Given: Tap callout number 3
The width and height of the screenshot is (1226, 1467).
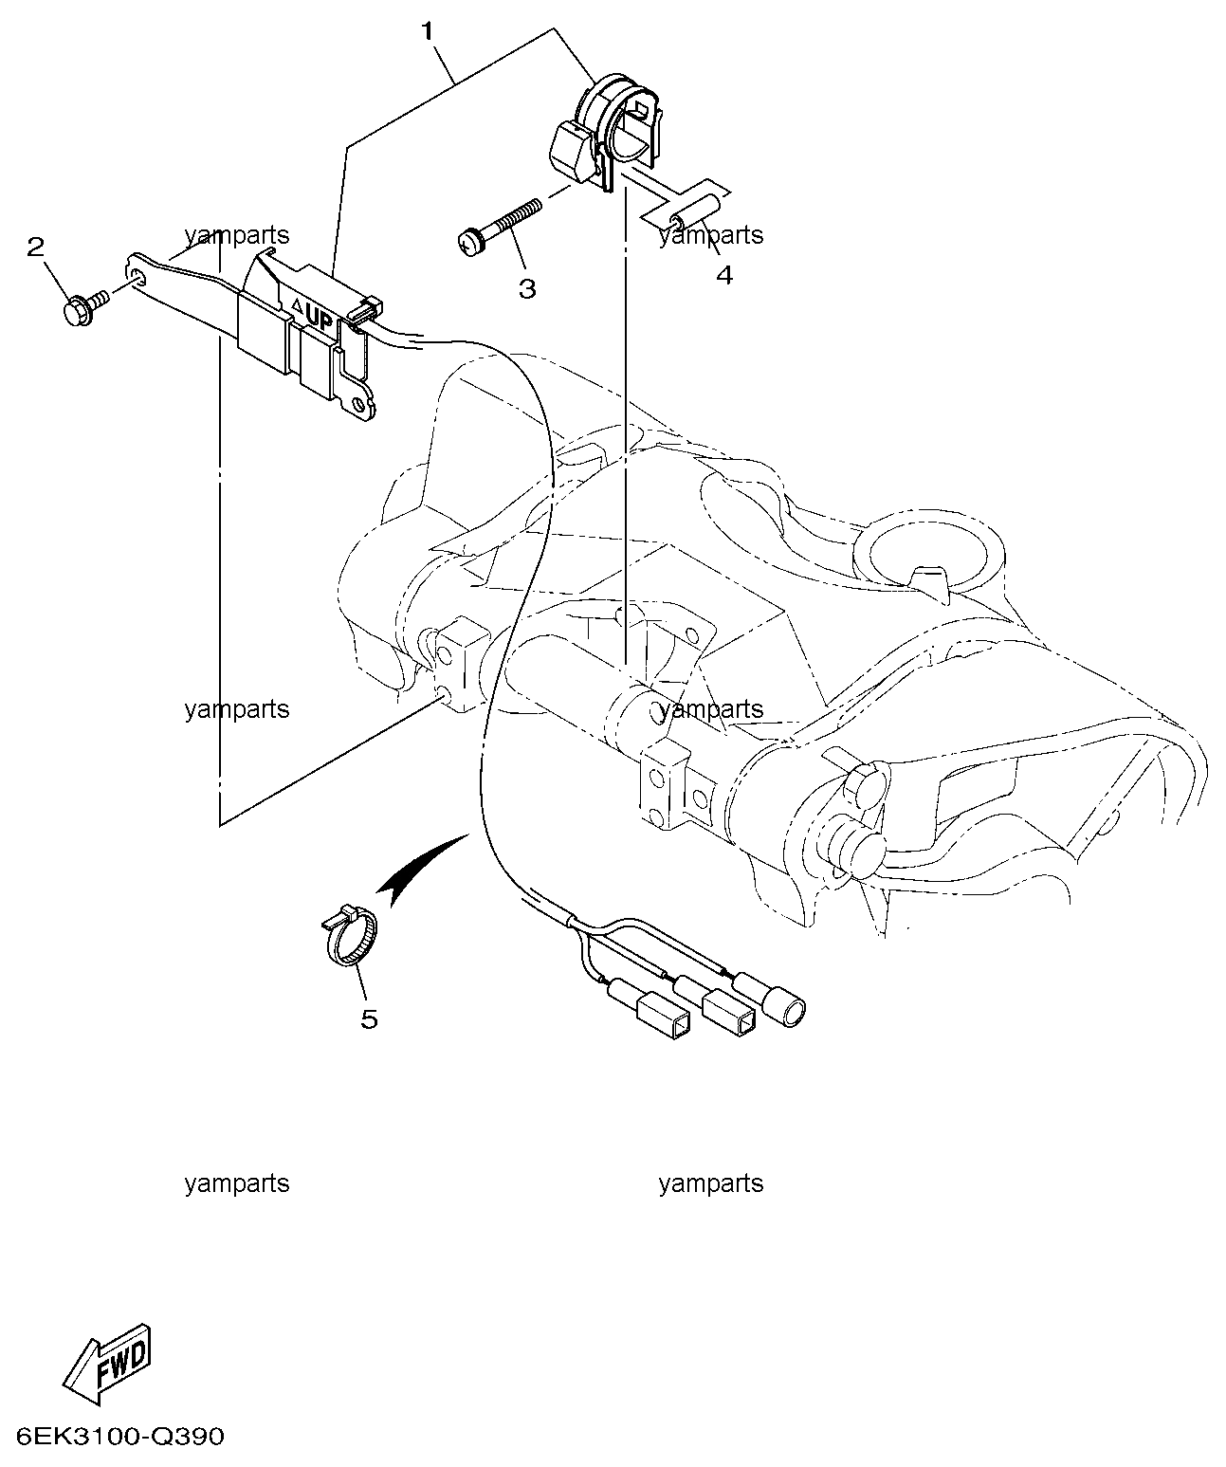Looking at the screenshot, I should pos(526,288).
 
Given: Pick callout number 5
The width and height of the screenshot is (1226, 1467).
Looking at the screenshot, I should pos(369,1019).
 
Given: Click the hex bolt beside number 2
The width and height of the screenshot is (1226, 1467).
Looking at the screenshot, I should pos(80,308).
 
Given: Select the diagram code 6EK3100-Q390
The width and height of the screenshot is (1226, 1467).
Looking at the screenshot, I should pos(119,1437).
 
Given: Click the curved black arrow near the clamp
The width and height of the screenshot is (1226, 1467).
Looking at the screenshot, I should pos(419,864).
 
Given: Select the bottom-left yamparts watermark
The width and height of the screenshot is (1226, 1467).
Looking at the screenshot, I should pos(237,1183).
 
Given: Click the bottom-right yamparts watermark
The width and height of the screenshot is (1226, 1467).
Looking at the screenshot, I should pos(710,1183).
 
